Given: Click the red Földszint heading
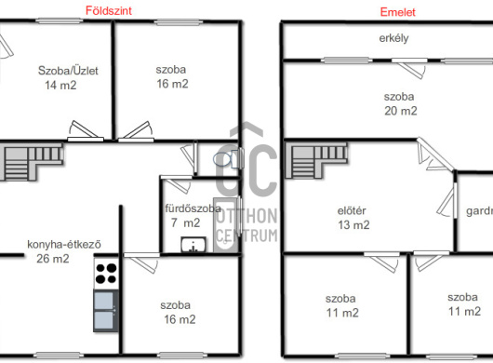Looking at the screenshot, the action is [x=109, y=11].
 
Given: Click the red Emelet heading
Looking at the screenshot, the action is [x=398, y=12].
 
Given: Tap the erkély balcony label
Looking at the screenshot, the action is [x=393, y=38].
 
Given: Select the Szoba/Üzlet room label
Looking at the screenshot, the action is [x=68, y=71].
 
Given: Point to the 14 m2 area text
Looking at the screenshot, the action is [x=60, y=85].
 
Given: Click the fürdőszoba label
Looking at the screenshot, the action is [x=193, y=208].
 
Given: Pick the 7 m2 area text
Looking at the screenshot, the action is [x=185, y=222].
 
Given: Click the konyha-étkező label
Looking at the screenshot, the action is [x=64, y=245].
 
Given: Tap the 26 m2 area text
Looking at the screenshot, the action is [x=53, y=259].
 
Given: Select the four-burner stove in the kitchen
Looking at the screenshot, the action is [x=106, y=274].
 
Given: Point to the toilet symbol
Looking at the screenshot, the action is [x=227, y=159].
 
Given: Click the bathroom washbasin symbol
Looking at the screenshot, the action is [x=193, y=245].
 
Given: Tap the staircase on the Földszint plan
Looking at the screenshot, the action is [x=32, y=162].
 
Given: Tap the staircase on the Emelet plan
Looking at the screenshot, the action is [x=315, y=160].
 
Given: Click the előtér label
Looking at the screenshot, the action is [x=352, y=210].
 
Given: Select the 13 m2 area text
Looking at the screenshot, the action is [x=353, y=225].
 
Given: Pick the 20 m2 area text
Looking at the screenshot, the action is [x=401, y=111].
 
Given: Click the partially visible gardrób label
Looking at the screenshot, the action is [x=479, y=211].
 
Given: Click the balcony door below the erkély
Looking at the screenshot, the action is [x=410, y=67].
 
